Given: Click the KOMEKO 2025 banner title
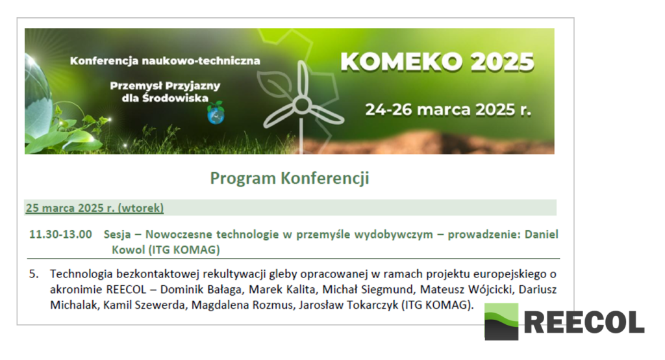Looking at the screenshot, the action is coord(437,62).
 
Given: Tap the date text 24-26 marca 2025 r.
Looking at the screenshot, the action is coord(448,110).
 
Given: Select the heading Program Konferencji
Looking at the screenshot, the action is coord(290,178).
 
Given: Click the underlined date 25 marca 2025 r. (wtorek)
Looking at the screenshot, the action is coord(95,208).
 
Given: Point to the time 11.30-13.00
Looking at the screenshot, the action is coord(60,235).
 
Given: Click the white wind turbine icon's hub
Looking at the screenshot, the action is coord(302,104).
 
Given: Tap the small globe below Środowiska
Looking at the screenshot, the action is coord(216,113).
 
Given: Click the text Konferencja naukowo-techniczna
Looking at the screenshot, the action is coord(165,60).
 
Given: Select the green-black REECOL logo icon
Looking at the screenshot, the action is coord(501,322).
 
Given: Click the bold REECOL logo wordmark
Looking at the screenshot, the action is coord(584,322).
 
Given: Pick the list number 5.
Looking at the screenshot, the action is coord(34,274).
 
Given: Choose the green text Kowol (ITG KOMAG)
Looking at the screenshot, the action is coord(166,250).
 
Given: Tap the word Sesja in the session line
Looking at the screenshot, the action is coord(117,235).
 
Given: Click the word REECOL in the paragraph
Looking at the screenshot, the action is coord(126,290).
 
